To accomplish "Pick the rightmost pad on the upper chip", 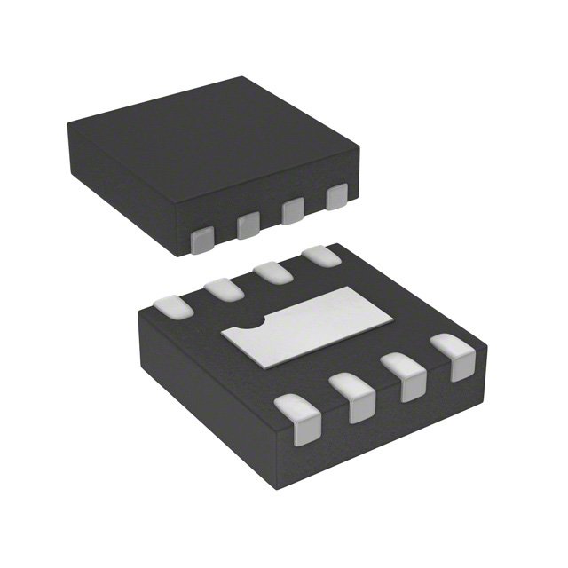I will [x=335, y=197].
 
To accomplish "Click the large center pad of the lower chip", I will [x=306, y=325].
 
